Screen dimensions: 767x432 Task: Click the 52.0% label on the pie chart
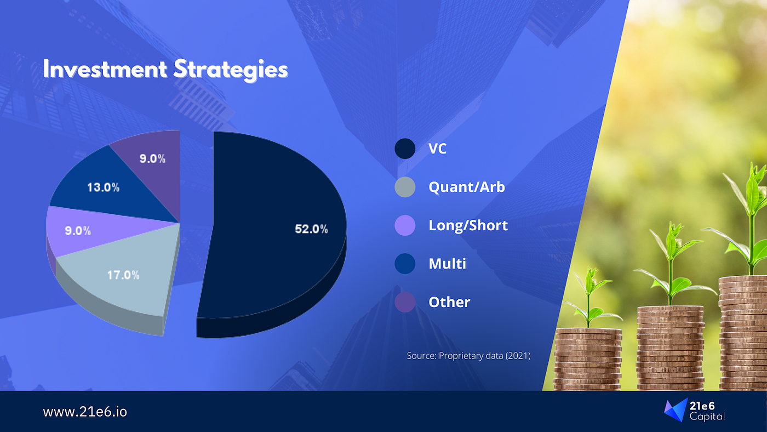tap(311, 229)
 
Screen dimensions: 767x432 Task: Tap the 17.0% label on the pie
tap(123, 275)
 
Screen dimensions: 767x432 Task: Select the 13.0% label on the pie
tap(103, 187)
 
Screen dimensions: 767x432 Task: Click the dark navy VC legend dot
tap(405, 149)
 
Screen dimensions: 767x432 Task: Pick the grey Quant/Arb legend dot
tap(405, 187)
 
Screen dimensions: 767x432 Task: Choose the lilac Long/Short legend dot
tap(405, 225)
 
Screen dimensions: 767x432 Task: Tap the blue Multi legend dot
tap(405, 264)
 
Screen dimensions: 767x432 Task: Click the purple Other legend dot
tap(405, 302)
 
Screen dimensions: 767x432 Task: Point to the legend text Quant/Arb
tap(467, 187)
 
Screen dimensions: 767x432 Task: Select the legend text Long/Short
tap(468, 225)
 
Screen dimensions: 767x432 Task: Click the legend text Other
tap(449, 302)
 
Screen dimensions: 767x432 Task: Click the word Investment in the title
tap(105, 69)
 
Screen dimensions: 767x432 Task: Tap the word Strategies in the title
tap(231, 70)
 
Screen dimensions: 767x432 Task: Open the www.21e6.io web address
tap(85, 412)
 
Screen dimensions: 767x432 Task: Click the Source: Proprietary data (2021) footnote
tap(469, 356)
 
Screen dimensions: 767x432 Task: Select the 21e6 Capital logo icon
tap(676, 410)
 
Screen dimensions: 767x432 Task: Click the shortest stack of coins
tap(587, 360)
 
